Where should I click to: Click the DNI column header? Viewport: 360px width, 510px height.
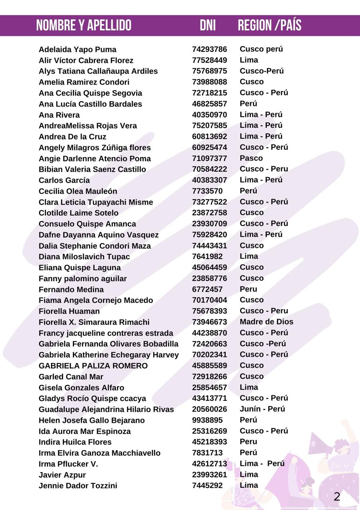coord(207,25)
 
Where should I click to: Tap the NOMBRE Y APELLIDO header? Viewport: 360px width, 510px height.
coord(84,25)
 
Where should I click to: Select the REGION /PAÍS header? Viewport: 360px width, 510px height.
coord(269,25)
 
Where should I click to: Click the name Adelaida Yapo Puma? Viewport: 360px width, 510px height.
coord(77,49)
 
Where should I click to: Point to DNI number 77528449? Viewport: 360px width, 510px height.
coord(209,60)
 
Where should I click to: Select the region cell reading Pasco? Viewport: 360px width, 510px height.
coord(251,158)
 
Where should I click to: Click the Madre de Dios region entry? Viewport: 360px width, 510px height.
coord(266,322)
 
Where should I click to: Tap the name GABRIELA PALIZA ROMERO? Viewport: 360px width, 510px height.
coord(93,366)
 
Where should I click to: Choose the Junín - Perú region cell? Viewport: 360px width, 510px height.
coord(262,409)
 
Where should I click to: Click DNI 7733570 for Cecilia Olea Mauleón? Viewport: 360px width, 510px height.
coord(207,191)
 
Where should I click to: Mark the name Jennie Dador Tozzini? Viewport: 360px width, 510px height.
coord(78,486)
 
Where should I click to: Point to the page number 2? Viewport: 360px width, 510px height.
coord(337,496)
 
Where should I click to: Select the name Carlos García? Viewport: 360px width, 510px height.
coord(64,180)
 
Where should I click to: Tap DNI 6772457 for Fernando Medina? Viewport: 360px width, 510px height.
coord(207,289)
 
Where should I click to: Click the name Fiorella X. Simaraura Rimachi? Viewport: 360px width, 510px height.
coord(94,322)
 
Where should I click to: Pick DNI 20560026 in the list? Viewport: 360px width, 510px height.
coord(209,409)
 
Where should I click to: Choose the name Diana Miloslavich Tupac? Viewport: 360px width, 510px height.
coord(84,257)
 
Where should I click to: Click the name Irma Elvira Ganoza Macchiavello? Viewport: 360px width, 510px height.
coord(99,453)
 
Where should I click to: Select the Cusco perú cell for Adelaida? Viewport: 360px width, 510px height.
coord(261,49)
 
